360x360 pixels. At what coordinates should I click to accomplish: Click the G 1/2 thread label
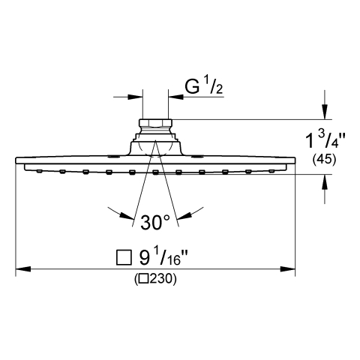pos(204,85)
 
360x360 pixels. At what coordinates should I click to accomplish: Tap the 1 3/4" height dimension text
pos(325,139)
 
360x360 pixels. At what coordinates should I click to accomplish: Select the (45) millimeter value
pos(324,160)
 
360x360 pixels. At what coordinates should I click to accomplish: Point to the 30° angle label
pos(155,222)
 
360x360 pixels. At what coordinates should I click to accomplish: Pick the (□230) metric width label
pos(155,279)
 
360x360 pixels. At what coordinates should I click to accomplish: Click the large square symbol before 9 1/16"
pos(124,258)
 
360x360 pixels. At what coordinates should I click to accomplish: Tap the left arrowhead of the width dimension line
pos(23,269)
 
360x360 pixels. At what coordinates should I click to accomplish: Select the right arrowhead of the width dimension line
pos(287,269)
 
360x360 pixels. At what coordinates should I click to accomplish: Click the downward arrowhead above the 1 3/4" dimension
pos(325,112)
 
